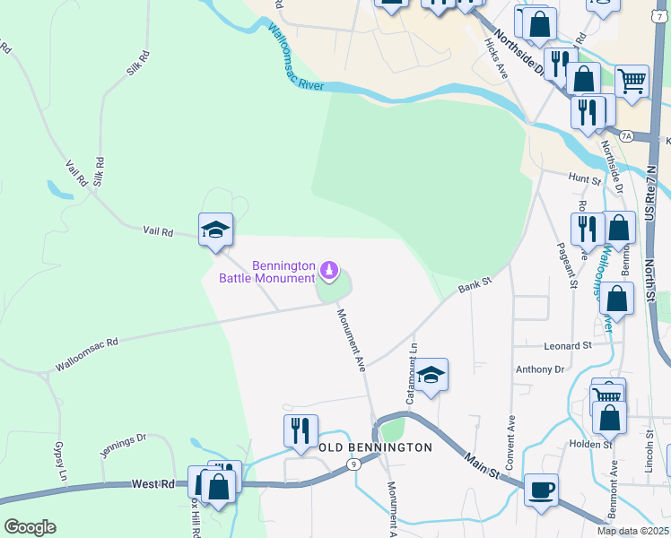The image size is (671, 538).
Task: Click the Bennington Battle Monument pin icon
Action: point(330,268)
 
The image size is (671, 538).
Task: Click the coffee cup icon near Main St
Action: point(541,490)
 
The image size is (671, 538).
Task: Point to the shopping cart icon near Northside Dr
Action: point(632,82)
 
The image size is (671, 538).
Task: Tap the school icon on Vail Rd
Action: point(215,230)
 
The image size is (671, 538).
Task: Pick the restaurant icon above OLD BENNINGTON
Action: point(301,431)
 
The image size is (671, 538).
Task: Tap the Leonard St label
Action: point(567,344)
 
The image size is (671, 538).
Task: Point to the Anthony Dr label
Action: point(539,369)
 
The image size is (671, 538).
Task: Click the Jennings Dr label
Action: point(123,445)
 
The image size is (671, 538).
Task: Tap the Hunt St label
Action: point(584,179)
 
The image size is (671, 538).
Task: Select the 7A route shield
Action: point(627,136)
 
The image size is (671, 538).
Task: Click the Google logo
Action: point(30,527)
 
